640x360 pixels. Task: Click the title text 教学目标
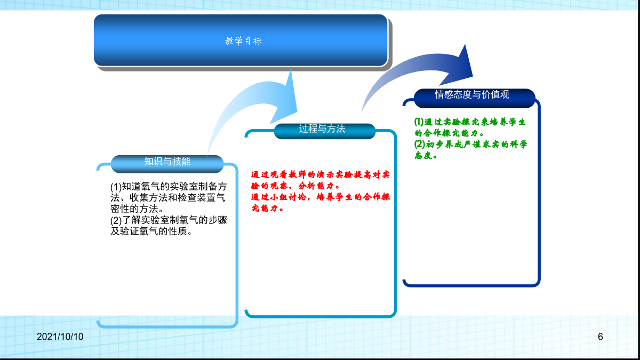click(243, 41)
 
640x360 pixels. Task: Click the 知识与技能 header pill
click(167, 164)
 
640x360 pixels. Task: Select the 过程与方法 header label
click(322, 129)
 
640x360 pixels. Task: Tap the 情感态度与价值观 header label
click(472, 94)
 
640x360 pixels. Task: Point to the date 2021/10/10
click(60, 337)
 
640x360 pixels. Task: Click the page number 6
click(601, 337)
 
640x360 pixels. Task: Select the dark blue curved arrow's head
click(459, 66)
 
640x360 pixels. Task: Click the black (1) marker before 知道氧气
click(116, 187)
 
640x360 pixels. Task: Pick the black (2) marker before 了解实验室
click(116, 220)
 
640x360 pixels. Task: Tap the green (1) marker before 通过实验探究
click(419, 122)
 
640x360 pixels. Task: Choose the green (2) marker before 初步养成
click(420, 145)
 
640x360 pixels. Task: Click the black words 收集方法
click(149, 198)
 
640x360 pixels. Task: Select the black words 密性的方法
click(134, 209)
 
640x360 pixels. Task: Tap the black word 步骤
click(218, 220)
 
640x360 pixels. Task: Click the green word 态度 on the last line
click(423, 155)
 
